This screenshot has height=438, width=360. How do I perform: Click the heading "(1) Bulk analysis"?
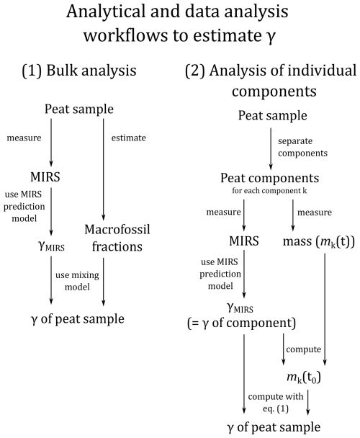[x=79, y=70]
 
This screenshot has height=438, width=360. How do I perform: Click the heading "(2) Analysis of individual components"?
[x=271, y=81]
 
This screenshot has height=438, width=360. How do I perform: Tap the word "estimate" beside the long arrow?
[x=128, y=138]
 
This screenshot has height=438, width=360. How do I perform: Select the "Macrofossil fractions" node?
[x=117, y=238]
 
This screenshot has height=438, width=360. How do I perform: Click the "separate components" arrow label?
[x=302, y=147]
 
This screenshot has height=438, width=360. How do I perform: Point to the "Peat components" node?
[x=270, y=178]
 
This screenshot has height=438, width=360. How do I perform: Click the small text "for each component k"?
[x=269, y=191]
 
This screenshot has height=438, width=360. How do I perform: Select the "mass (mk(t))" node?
[x=319, y=241]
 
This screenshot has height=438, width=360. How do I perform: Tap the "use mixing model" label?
[x=77, y=281]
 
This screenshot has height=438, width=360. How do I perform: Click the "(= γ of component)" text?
[x=242, y=323]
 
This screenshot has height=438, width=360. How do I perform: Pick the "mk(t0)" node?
[x=304, y=377]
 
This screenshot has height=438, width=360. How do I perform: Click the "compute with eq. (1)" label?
[x=275, y=403]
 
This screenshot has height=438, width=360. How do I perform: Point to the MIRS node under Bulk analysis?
[x=45, y=176]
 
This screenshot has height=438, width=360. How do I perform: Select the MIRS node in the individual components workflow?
[x=244, y=241]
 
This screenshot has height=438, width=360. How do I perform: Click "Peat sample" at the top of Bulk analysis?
[x=79, y=109]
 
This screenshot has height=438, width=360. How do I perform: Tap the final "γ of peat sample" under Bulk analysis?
[x=78, y=319]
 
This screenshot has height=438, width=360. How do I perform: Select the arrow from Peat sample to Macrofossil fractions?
[x=104, y=169]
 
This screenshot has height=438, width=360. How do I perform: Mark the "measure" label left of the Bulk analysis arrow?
[x=24, y=138]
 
